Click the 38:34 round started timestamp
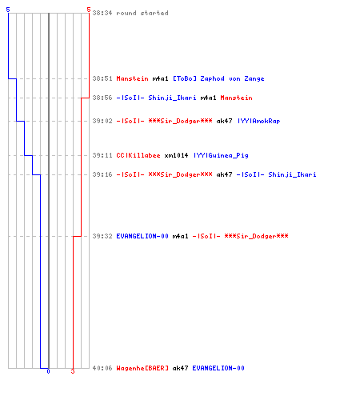pyautogui.click(x=102, y=13)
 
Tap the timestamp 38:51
pyautogui.click(x=102, y=78)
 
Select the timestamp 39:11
pyautogui.click(x=102, y=155)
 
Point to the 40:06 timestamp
pyautogui.click(x=102, y=368)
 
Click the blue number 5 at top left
pyautogui.click(x=8, y=10)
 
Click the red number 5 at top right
pyautogui.click(x=89, y=10)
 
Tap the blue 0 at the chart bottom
pyautogui.click(x=48, y=371)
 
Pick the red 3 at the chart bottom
pyautogui.click(x=73, y=371)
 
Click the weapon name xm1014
pyautogui.click(x=176, y=155)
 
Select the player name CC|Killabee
pyautogui.click(x=138, y=155)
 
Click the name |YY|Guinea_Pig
pyautogui.click(x=221, y=155)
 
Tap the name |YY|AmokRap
pyautogui.click(x=258, y=121)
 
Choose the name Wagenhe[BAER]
pyautogui.click(x=142, y=368)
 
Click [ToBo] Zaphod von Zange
pyautogui.click(x=218, y=78)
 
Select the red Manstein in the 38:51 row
pyautogui.click(x=132, y=78)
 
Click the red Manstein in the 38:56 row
pyautogui.click(x=236, y=98)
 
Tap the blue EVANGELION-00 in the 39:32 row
pyautogui.click(x=142, y=236)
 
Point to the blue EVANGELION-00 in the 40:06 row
pyautogui.click(x=218, y=368)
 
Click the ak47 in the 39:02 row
pyautogui.click(x=224, y=121)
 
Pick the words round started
pyautogui.click(x=142, y=13)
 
